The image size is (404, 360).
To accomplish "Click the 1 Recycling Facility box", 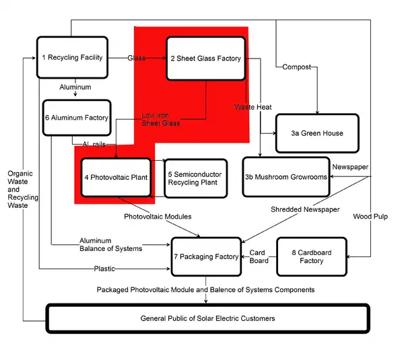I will click(72, 58).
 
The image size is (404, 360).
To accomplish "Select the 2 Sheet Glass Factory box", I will click(205, 59).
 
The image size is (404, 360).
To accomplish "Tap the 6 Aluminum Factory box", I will click(76, 118).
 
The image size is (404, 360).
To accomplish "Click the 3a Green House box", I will click(317, 133).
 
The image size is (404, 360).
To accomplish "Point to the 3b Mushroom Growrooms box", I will click(286, 177).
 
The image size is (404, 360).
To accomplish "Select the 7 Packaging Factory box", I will click(206, 256).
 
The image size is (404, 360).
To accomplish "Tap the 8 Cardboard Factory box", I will click(312, 256).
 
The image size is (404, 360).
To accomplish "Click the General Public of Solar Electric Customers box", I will click(207, 318).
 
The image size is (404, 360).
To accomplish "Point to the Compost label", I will click(296, 67).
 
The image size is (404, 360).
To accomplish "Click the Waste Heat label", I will click(253, 108).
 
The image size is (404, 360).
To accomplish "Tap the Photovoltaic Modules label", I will click(158, 217).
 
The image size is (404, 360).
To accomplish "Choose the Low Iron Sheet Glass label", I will click(160, 119).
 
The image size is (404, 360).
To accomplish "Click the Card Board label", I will click(259, 256).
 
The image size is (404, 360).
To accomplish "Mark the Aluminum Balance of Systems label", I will click(110, 244).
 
